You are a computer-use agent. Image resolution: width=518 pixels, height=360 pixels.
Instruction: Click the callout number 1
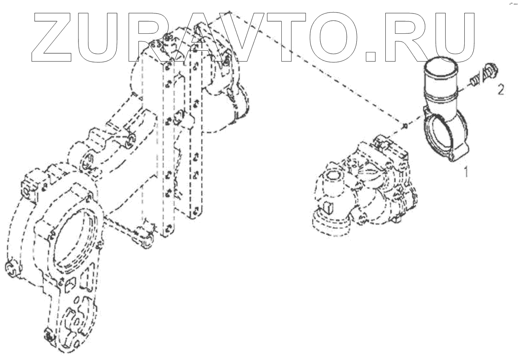point(466,173)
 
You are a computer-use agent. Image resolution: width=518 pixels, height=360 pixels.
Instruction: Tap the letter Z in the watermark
point(54,36)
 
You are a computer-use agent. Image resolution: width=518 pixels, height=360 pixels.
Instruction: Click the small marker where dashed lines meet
point(404,126)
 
